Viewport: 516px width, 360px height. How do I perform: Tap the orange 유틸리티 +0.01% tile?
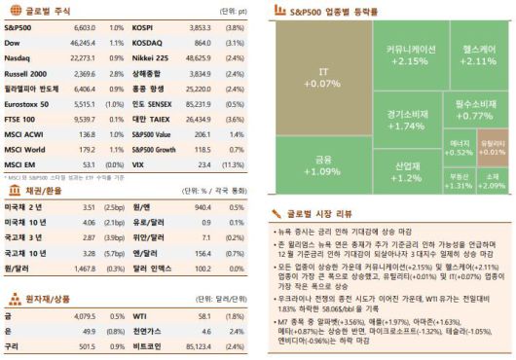(x=493, y=147)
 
